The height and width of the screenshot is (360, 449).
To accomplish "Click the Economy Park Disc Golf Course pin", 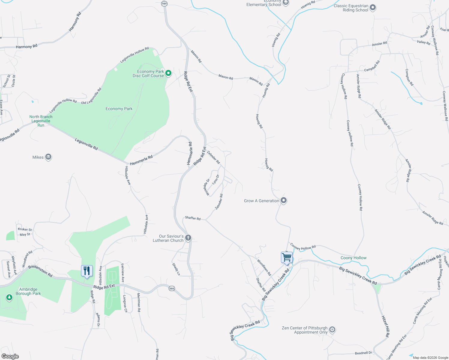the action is [x=168, y=73].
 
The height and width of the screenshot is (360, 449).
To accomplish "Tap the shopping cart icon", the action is [x=287, y=257].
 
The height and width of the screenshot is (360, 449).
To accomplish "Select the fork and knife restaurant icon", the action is [x=87, y=271].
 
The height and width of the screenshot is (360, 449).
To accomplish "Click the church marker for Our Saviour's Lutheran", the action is [x=188, y=238].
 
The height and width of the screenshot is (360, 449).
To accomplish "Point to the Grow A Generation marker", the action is [x=284, y=201].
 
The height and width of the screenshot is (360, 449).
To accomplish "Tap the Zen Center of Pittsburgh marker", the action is [x=332, y=330].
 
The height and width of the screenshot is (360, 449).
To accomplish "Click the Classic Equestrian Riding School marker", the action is [x=372, y=8].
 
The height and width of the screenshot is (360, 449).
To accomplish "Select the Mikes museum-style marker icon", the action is [x=48, y=157].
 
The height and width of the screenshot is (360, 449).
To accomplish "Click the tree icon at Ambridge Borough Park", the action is [x=9, y=298].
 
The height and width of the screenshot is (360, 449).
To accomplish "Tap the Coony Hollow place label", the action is [x=353, y=258].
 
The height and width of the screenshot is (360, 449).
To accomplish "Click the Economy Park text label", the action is [x=119, y=109].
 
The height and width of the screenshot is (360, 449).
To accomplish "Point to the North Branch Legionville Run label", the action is [x=41, y=121].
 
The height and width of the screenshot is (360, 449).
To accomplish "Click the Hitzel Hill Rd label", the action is [x=386, y=326].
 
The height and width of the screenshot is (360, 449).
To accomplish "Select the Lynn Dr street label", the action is [x=215, y=179].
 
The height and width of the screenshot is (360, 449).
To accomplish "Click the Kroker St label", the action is [x=25, y=229].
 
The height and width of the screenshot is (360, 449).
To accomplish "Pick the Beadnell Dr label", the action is [x=363, y=353].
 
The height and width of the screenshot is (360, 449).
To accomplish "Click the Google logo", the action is [x=10, y=356].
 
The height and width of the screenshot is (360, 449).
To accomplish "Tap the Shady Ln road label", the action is [x=176, y=269].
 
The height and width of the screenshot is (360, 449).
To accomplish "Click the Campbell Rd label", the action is [x=372, y=66].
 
